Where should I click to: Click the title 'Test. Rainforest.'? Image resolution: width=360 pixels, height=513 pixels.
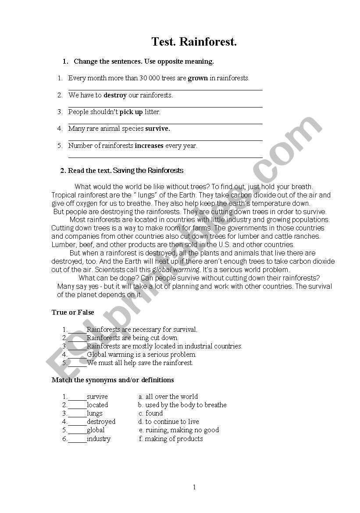pyautogui.click(x=194, y=42)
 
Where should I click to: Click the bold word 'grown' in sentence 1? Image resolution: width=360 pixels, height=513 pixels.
pyautogui.click(x=198, y=79)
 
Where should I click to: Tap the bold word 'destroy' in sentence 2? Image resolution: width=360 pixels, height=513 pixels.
pyautogui.click(x=115, y=95)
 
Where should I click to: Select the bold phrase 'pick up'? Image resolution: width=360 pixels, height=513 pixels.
pyautogui.click(x=131, y=112)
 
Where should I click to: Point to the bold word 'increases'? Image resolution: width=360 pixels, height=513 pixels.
pyautogui.click(x=149, y=146)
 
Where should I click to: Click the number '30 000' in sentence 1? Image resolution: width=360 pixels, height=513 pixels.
pyautogui.click(x=150, y=79)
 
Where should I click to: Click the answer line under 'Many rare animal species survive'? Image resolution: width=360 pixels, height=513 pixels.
pyautogui.click(x=165, y=140)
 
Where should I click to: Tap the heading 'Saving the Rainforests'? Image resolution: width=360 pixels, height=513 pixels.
pyautogui.click(x=148, y=170)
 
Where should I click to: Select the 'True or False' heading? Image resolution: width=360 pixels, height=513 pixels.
pyautogui.click(x=73, y=312)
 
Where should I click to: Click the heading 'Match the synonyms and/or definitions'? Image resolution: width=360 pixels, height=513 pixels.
pyautogui.click(x=113, y=380)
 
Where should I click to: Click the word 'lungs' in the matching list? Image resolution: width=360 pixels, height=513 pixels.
pyautogui.click(x=94, y=413)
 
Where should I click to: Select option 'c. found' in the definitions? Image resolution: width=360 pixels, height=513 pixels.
pyautogui.click(x=150, y=413)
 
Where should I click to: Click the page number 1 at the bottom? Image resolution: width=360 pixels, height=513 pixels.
pyautogui.click(x=194, y=487)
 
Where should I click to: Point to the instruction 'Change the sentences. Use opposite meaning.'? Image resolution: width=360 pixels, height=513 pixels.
pyautogui.click(x=143, y=61)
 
